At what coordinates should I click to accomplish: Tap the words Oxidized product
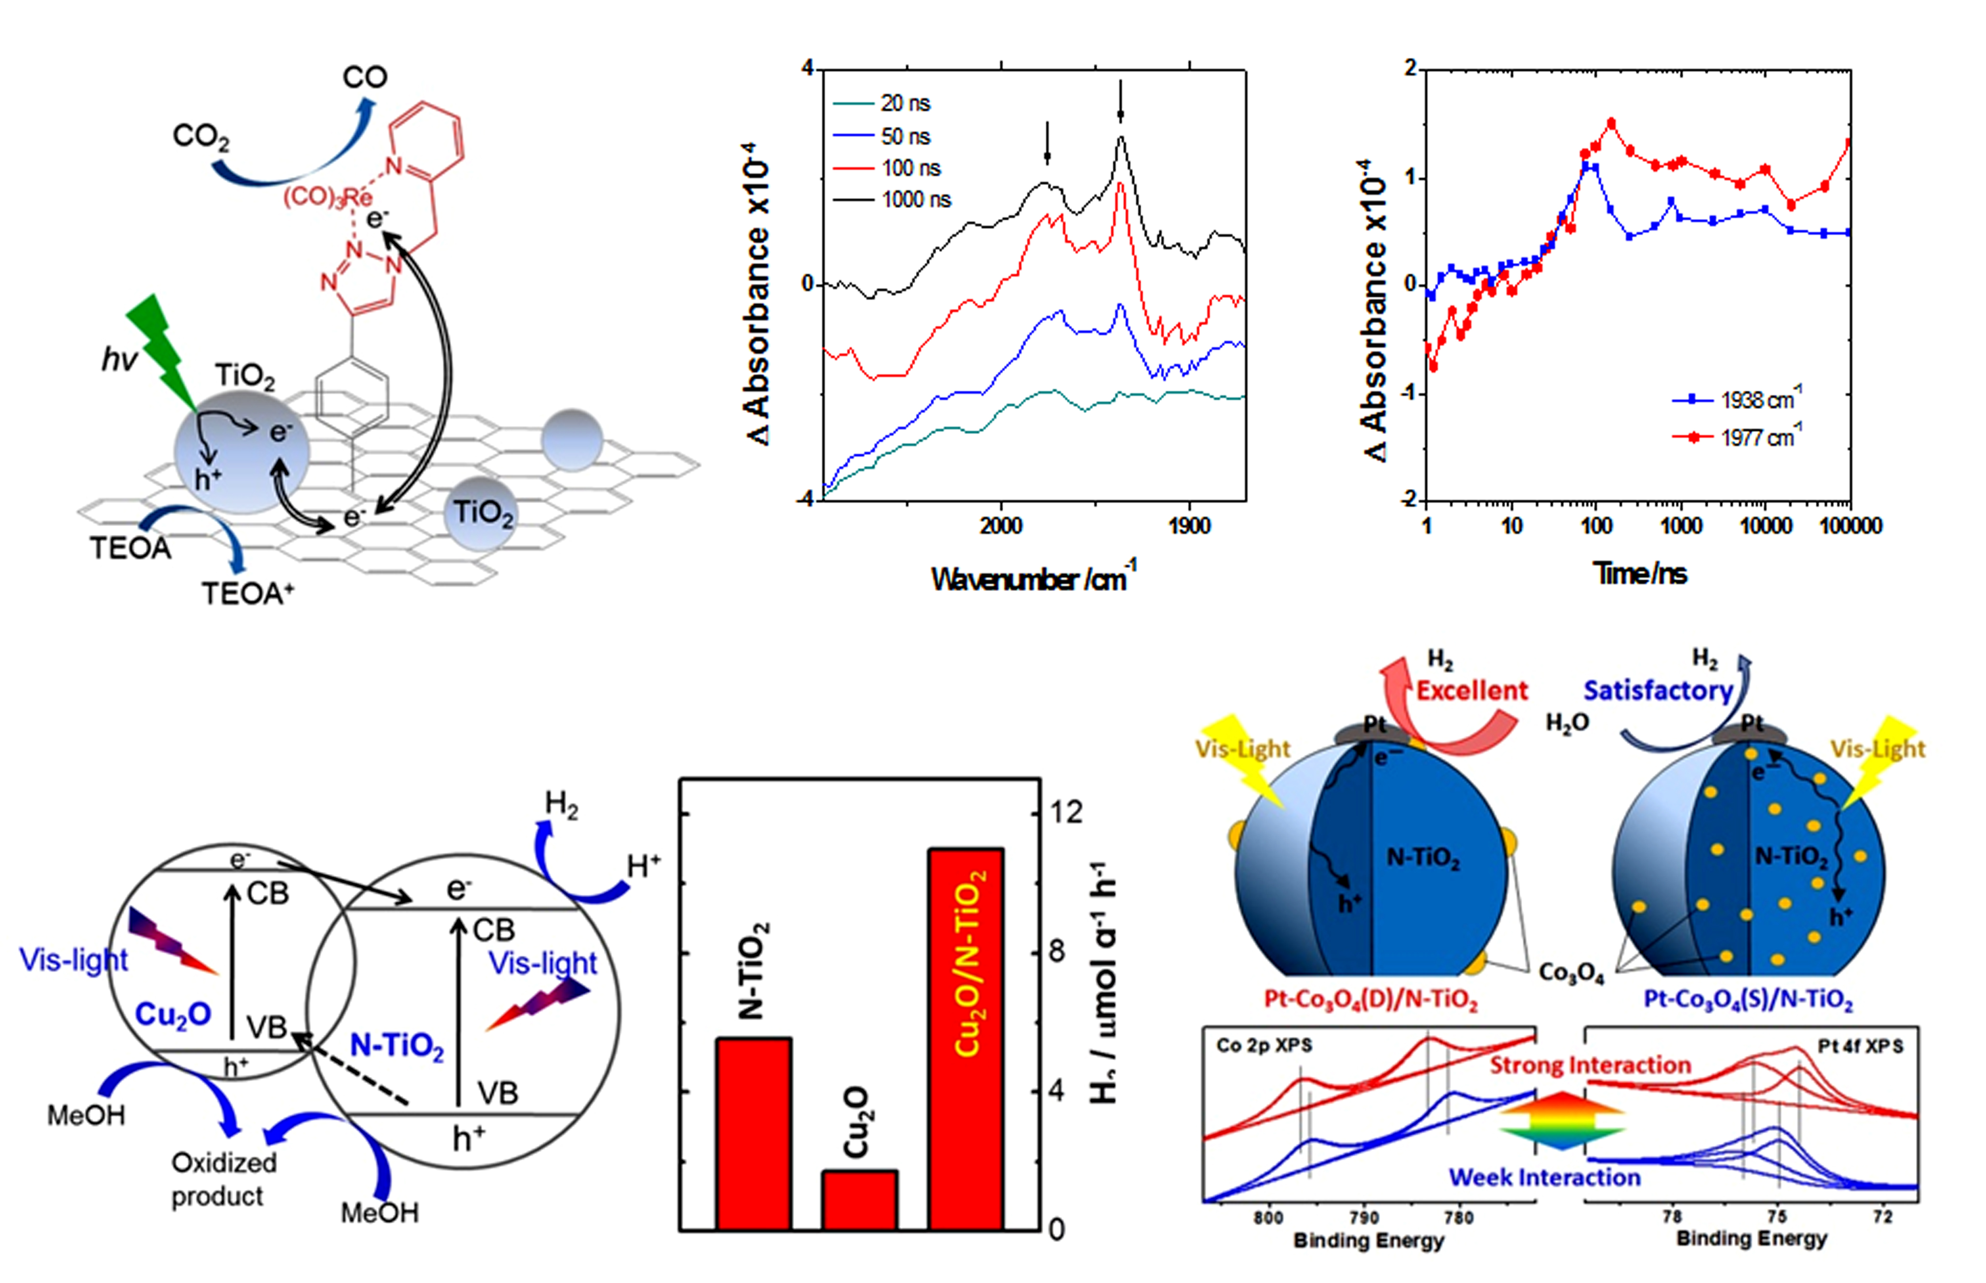[223, 1179]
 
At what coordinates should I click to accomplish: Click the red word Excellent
[1472, 691]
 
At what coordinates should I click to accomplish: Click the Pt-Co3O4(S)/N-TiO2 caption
[1748, 999]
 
